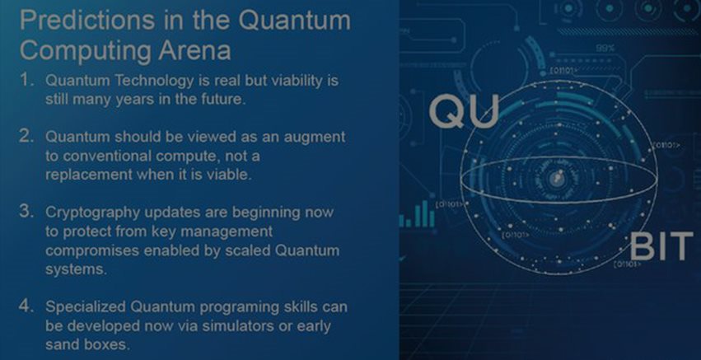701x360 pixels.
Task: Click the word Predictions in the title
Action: [87, 21]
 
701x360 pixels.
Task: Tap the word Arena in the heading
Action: [194, 50]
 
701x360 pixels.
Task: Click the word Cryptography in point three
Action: [93, 213]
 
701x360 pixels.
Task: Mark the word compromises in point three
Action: [92, 251]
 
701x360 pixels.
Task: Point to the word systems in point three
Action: [76, 270]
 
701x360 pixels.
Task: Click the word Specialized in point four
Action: [86, 307]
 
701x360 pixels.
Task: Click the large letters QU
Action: [464, 112]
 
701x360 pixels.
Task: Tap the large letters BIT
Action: [661, 246]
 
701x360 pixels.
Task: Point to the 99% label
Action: [605, 48]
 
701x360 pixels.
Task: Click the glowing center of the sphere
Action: [557, 180]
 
